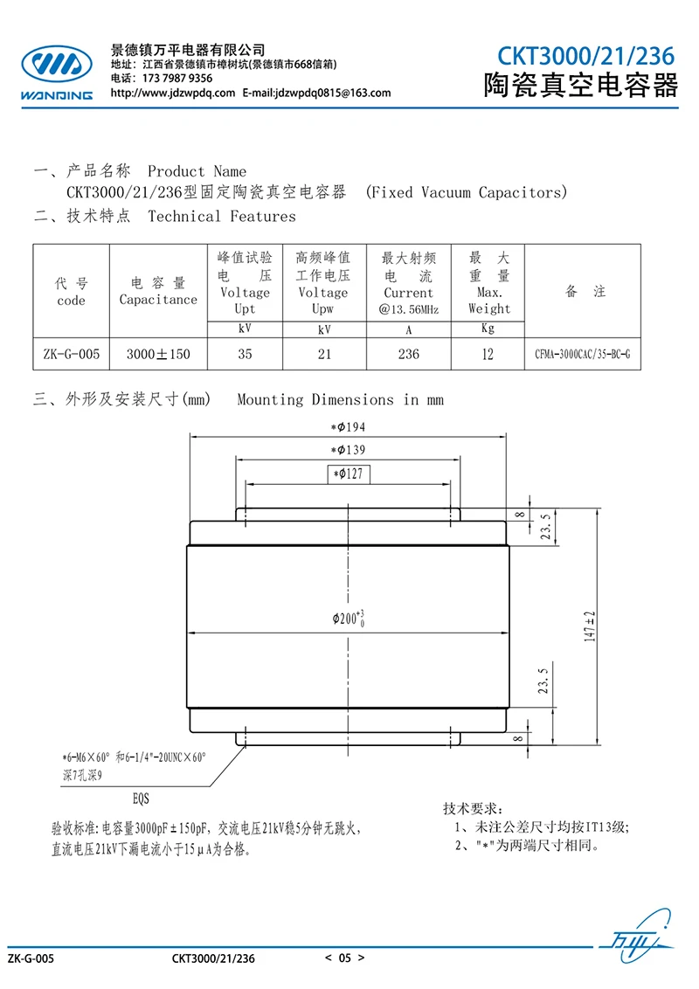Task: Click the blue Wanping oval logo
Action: pos(57,65)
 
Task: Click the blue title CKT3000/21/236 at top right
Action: pos(586,56)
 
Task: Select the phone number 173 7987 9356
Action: pos(177,79)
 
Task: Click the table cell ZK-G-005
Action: pos(72,354)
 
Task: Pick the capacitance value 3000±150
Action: pos(158,354)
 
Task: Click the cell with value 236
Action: pos(408,354)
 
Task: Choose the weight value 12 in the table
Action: pos(488,354)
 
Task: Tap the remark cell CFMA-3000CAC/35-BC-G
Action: pos(582,354)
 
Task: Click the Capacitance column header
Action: pos(158,300)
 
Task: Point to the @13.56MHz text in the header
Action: pos(408,309)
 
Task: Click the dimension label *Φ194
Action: pos(348,427)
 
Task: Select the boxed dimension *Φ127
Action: pos(349,474)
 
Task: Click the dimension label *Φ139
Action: pos(348,450)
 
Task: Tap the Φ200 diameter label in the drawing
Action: pos(349,619)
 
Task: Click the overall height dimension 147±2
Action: pos(589,626)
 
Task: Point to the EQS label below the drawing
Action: pos(141,799)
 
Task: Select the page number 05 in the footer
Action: pos(344,958)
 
